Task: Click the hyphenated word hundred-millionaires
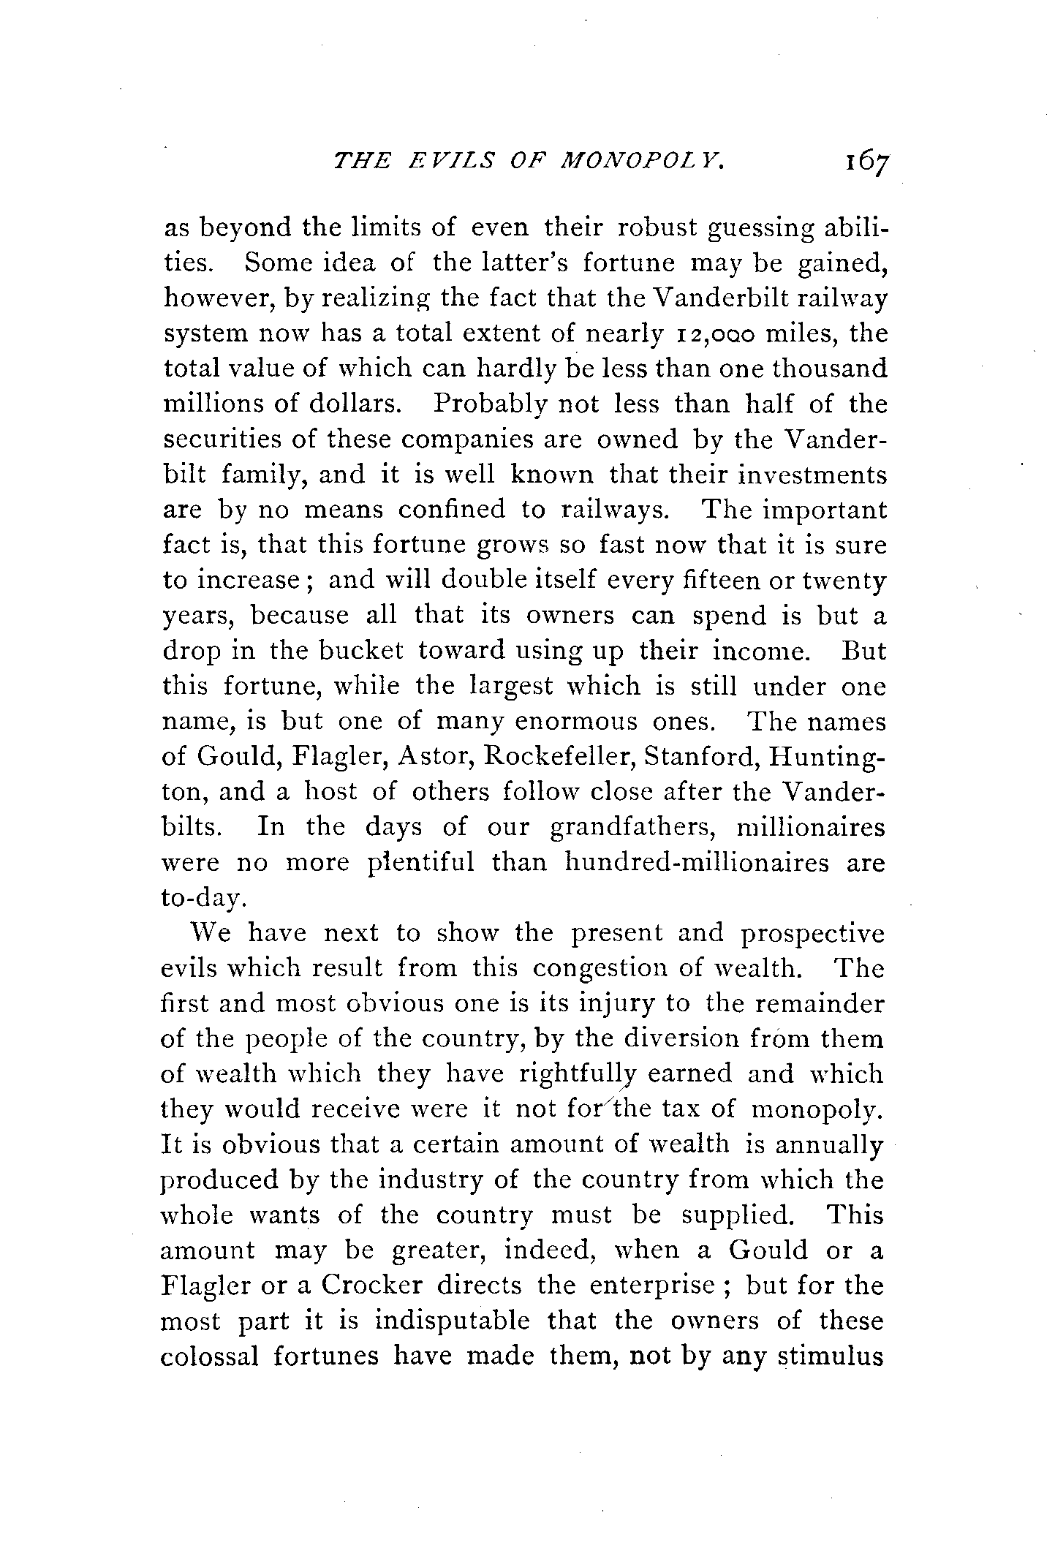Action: pyautogui.click(x=697, y=863)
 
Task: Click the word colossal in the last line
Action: pyautogui.click(x=209, y=1356)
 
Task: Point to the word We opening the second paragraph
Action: pyautogui.click(x=211, y=933)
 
